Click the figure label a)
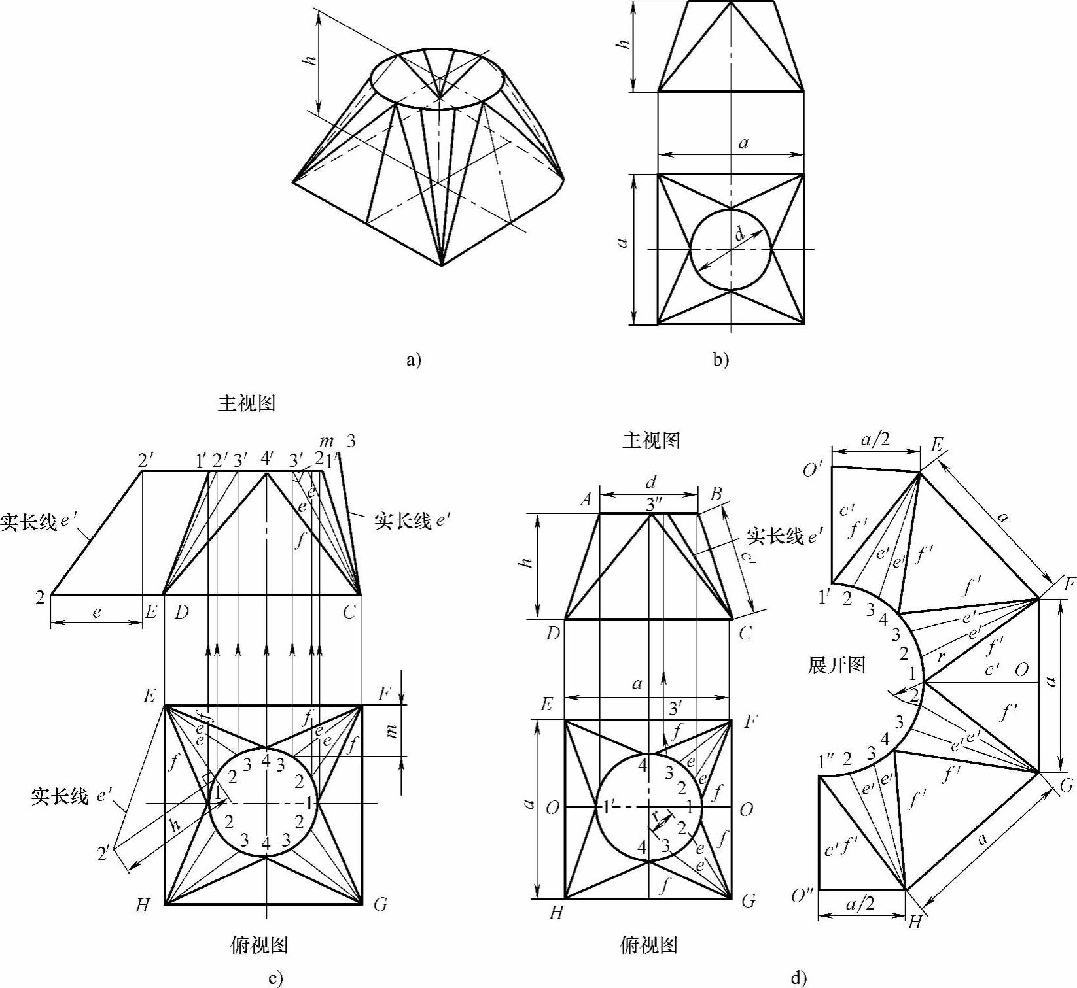[414, 360]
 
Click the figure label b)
[721, 360]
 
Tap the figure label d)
[798, 978]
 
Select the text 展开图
[837, 666]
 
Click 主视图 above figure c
[247, 403]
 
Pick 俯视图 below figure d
[648, 945]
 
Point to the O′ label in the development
[812, 469]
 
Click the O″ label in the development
[802, 896]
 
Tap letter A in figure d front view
[586, 500]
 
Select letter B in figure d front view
[716, 494]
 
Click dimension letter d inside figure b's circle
[740, 234]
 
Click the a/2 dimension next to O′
[875, 440]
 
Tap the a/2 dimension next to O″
[860, 905]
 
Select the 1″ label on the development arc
[826, 762]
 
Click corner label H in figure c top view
[143, 906]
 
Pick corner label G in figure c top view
[380, 905]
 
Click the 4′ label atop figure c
[267, 460]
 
